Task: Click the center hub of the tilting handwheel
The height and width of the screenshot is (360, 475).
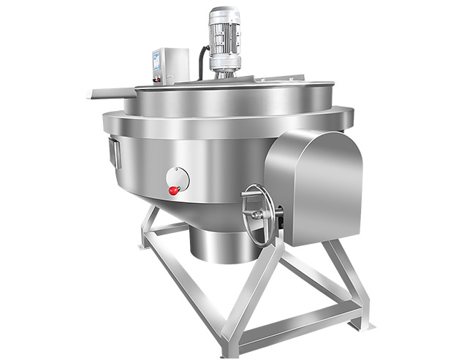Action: click(257, 213)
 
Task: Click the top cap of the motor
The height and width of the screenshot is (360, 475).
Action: click(224, 12)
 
